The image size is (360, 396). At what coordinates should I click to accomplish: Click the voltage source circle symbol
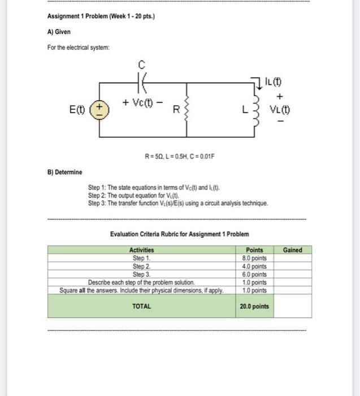tap(100, 109)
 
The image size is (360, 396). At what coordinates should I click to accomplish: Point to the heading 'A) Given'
tap(59, 32)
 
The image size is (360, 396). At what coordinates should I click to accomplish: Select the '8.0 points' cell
tap(254, 258)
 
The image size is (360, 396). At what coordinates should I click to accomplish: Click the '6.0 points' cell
tap(254, 274)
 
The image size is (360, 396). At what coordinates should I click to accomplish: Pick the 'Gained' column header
tap(292, 250)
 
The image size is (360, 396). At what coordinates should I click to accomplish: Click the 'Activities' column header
tap(141, 250)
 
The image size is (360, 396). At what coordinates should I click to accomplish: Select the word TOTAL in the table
tap(141, 306)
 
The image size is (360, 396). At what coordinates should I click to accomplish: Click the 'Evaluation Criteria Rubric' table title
tap(179, 234)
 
